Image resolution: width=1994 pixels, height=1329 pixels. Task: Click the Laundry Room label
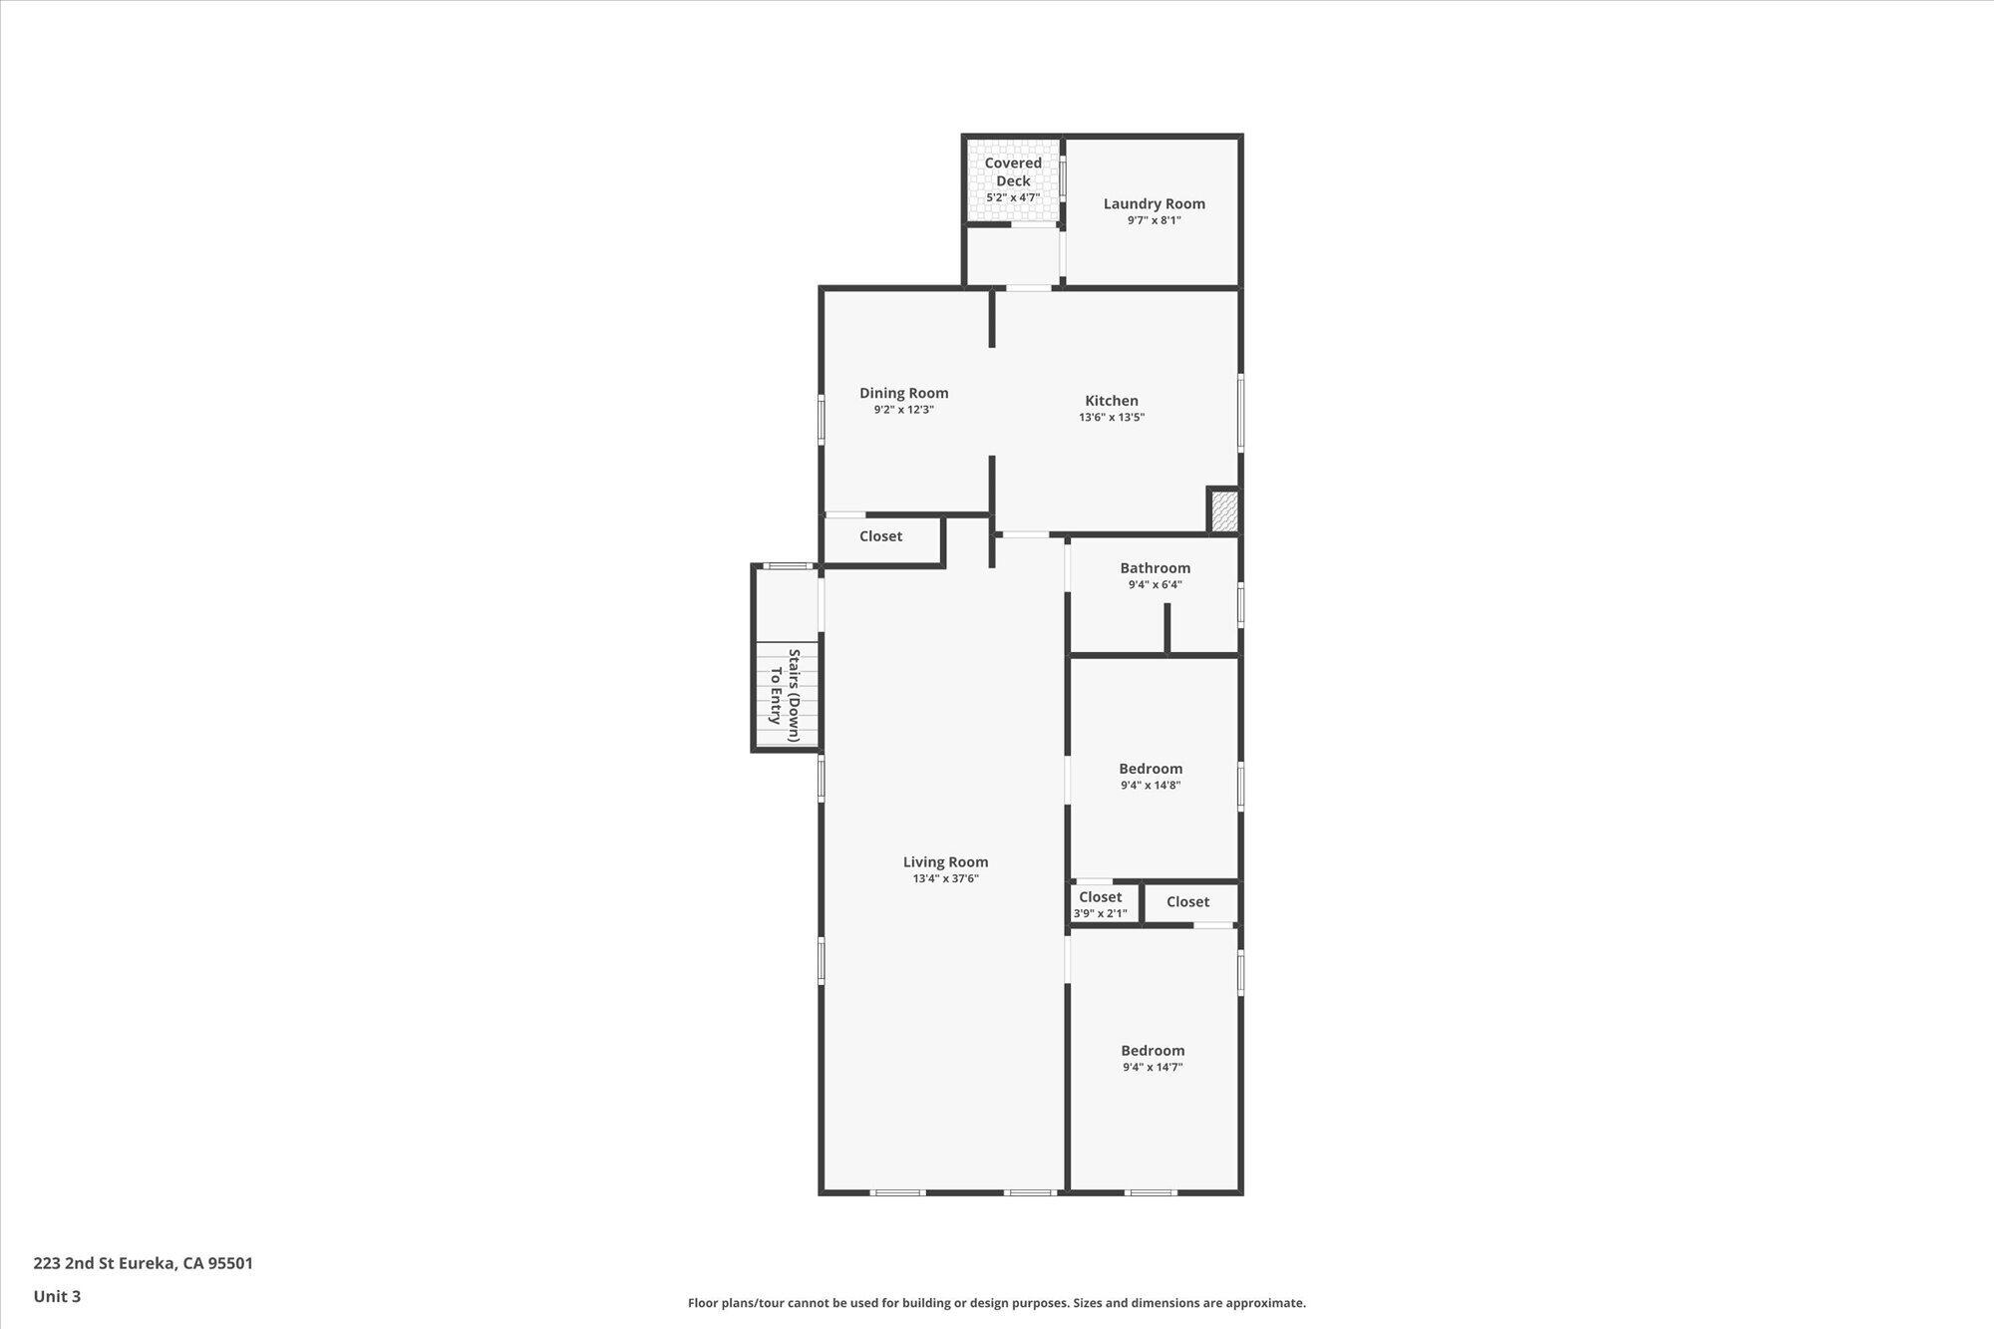coord(1154,203)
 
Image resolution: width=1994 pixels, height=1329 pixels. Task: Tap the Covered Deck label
coord(1013,171)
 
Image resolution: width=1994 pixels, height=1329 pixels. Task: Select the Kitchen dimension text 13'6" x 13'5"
coord(1111,418)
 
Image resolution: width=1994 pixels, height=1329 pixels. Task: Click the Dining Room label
coord(903,393)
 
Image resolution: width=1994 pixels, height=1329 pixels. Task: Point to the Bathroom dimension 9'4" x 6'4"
coord(1155,585)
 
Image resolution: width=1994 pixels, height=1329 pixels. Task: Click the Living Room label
coord(945,861)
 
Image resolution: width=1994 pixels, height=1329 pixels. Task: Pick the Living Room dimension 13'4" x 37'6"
coord(945,879)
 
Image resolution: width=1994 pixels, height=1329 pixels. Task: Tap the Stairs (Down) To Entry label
coord(785,695)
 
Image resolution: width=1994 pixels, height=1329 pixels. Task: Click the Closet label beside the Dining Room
coord(880,536)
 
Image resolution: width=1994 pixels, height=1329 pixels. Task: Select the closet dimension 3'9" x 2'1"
coord(1100,913)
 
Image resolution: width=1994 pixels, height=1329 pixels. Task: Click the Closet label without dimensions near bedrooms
coord(1187,901)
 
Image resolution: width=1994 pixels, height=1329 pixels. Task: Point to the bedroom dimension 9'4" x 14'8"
coord(1151,786)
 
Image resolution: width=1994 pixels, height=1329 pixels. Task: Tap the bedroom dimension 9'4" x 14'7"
coord(1153,1068)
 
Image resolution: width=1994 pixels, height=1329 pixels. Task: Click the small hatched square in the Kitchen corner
coord(1223,510)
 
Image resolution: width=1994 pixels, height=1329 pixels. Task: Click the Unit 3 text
coord(57,1296)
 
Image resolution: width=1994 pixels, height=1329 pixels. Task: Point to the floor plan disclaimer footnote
coord(996,1303)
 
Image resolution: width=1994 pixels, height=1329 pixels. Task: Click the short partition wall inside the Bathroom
coord(1167,628)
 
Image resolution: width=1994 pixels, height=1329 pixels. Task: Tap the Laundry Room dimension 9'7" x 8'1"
coord(1154,220)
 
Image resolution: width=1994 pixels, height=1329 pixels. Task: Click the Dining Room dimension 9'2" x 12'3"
coord(903,410)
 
